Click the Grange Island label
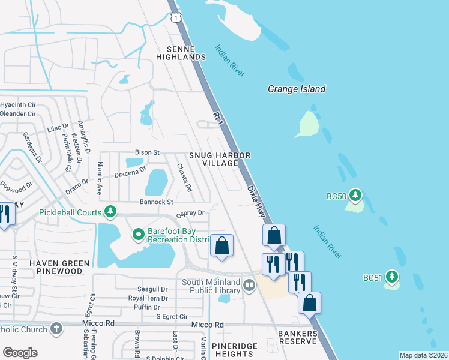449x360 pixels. (296, 89)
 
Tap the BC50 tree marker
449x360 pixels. (356, 196)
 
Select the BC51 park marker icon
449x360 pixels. (392, 277)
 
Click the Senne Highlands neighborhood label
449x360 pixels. (181, 52)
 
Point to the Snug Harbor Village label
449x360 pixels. (219, 160)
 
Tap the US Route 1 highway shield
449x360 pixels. (175, 19)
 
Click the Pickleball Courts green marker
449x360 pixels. (110, 212)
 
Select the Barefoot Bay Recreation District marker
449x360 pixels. (139, 234)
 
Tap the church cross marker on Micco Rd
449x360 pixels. (56, 329)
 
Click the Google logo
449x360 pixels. (20, 353)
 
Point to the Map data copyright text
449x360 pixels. (423, 355)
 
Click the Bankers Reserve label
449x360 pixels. (297, 337)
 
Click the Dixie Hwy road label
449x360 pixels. (256, 201)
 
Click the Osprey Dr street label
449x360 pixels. (190, 213)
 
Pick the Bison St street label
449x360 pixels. (147, 152)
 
